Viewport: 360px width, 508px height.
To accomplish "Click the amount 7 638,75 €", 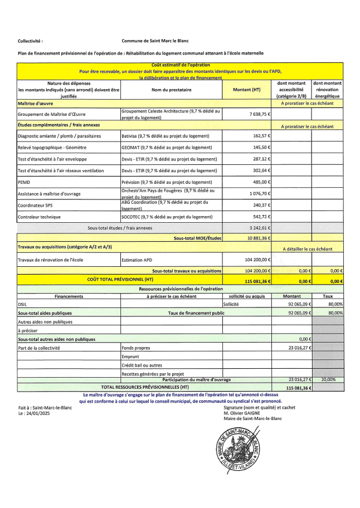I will coord(259,114).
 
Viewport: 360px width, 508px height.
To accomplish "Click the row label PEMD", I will coord(24,182).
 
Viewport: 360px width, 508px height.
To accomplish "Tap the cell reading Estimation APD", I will coord(137,260).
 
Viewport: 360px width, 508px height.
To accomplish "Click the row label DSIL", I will coord(23,305).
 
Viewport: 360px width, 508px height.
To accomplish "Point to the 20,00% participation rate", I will coord(328,379).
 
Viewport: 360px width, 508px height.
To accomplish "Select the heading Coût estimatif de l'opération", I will coord(180,65).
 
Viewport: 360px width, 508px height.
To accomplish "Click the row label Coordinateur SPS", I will coord(37,205).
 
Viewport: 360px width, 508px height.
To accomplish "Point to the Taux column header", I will coord(328,296).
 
